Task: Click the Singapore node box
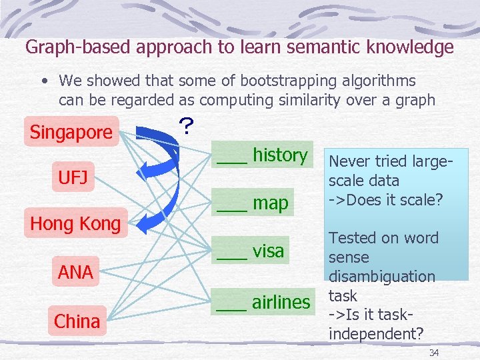point(71,131)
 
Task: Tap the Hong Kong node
point(75,223)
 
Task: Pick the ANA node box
point(75,271)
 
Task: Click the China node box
point(77,321)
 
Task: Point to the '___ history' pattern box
point(261,155)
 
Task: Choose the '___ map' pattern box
point(252,203)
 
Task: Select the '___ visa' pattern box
point(251,251)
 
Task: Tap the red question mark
point(187,126)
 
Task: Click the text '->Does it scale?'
point(386,199)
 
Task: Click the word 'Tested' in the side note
point(351,238)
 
